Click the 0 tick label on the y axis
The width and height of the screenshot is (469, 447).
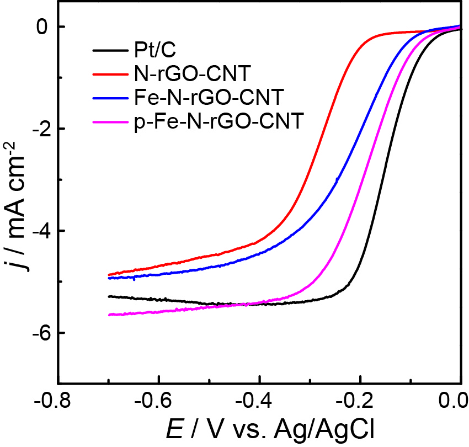coord(44,26)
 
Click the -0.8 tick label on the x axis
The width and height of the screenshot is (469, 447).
coord(58,399)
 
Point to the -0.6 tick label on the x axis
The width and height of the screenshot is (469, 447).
coord(159,399)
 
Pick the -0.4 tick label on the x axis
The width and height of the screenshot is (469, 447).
coord(259,399)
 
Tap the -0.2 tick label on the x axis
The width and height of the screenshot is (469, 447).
coord(360,399)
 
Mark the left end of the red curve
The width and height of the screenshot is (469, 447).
coord(109,274)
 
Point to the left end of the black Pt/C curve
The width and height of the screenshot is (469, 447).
coord(109,296)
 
